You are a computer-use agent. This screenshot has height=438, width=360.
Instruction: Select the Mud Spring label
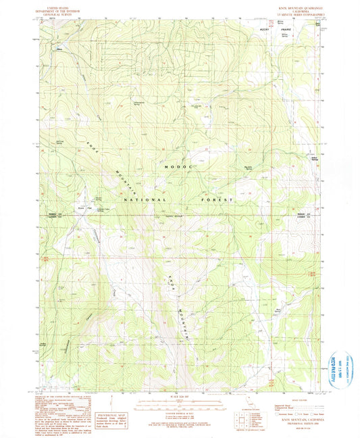tap(258, 312)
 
